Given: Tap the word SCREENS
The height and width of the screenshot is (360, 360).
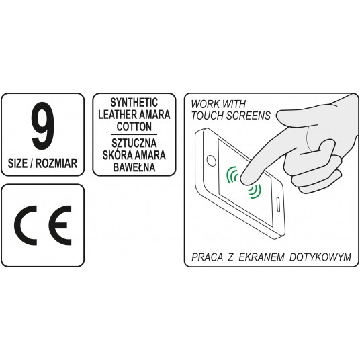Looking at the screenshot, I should (x=250, y=116).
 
